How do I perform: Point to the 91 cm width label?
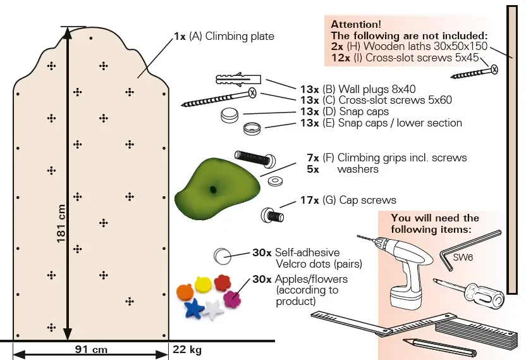pyautogui.click(x=92, y=349)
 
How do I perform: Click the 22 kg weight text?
pyautogui.click(x=187, y=349)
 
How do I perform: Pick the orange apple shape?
pyautogui.click(x=183, y=292)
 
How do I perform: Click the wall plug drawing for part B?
pyautogui.click(x=238, y=80)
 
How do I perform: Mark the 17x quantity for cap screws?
pyautogui.click(x=309, y=200)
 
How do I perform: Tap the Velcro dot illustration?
pyautogui.click(x=222, y=256)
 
